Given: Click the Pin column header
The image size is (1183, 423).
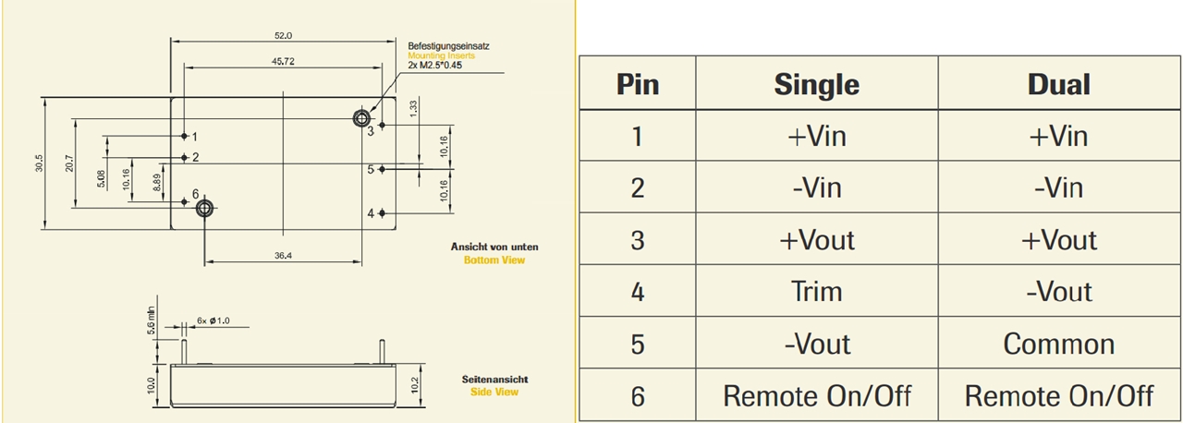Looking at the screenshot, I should (x=637, y=85).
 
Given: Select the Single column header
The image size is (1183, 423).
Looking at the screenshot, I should (x=817, y=85).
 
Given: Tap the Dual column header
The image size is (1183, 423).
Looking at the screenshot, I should (x=1059, y=85).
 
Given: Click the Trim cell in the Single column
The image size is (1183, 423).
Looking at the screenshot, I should (x=817, y=292).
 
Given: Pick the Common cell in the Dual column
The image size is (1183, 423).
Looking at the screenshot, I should (x=1059, y=344).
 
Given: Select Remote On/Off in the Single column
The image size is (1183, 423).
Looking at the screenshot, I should (x=817, y=396).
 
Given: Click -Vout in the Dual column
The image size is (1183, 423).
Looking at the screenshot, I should (x=1059, y=292).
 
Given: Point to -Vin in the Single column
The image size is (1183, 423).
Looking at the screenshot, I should (x=817, y=188).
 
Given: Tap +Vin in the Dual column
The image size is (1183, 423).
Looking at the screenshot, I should (x=1059, y=137).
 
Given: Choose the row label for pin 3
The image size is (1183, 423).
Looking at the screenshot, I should (x=637, y=240).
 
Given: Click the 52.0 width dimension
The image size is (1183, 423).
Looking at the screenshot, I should (x=283, y=36).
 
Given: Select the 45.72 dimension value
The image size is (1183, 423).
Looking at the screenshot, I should (x=283, y=61).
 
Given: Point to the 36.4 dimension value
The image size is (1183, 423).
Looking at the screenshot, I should (x=283, y=256).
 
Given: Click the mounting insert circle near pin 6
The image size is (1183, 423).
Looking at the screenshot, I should (x=204, y=208).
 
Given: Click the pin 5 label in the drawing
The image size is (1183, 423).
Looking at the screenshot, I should (x=371, y=169).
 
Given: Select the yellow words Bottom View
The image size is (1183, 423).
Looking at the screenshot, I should (x=494, y=260).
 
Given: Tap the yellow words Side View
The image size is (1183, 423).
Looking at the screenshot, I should (x=496, y=392).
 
